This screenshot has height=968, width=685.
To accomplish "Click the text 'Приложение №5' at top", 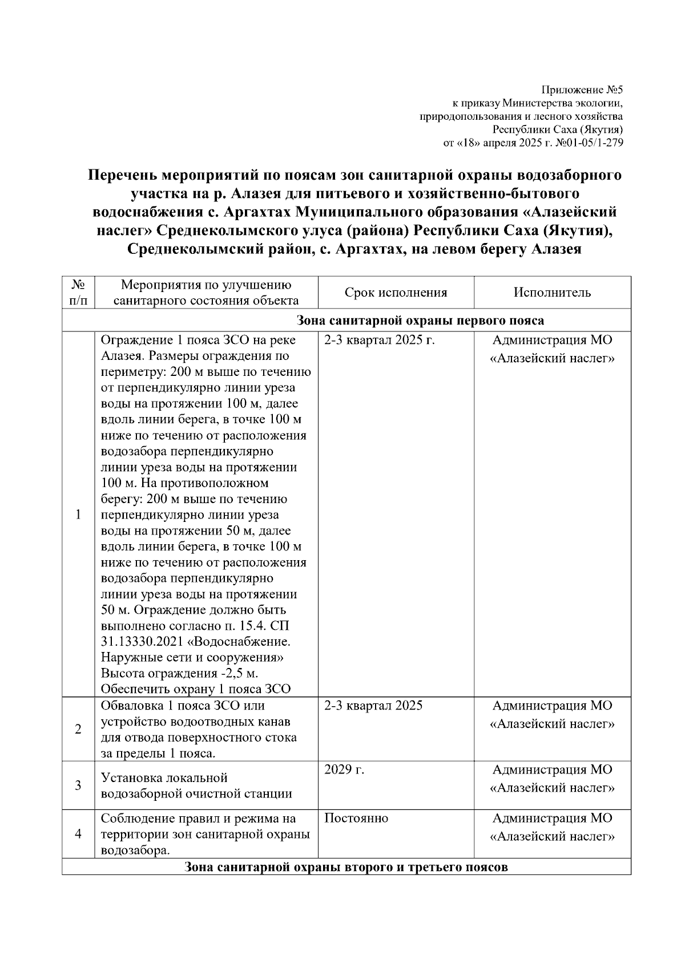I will pyautogui.click(x=582, y=90).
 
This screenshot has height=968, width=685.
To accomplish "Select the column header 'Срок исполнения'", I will pyautogui.click(x=396, y=293).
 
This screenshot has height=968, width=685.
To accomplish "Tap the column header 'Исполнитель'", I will pyautogui.click(x=552, y=293).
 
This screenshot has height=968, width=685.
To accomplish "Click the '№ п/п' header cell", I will pyautogui.click(x=78, y=292).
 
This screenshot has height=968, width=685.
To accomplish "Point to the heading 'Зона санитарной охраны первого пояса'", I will pyautogui.click(x=421, y=321).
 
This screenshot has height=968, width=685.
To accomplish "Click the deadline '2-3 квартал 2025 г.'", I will pyautogui.click(x=380, y=341).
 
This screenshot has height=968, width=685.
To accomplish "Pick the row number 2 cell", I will pyautogui.click(x=78, y=729).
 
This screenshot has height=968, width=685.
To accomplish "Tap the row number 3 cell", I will pyautogui.click(x=78, y=785).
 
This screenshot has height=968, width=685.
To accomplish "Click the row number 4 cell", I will pyautogui.click(x=78, y=834).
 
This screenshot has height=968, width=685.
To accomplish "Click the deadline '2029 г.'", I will pyautogui.click(x=344, y=769).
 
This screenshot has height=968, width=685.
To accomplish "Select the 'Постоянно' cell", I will pyautogui.click(x=356, y=818).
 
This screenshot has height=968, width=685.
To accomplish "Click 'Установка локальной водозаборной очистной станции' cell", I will pyautogui.click(x=196, y=785).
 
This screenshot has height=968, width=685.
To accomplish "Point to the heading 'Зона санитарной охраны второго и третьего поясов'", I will pyautogui.click(x=346, y=868).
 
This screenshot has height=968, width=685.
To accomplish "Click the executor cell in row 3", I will pyautogui.click(x=552, y=779).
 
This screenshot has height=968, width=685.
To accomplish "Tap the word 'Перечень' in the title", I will pyautogui.click(x=122, y=175).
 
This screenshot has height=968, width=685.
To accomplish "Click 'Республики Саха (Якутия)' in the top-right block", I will pyautogui.click(x=558, y=129).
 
